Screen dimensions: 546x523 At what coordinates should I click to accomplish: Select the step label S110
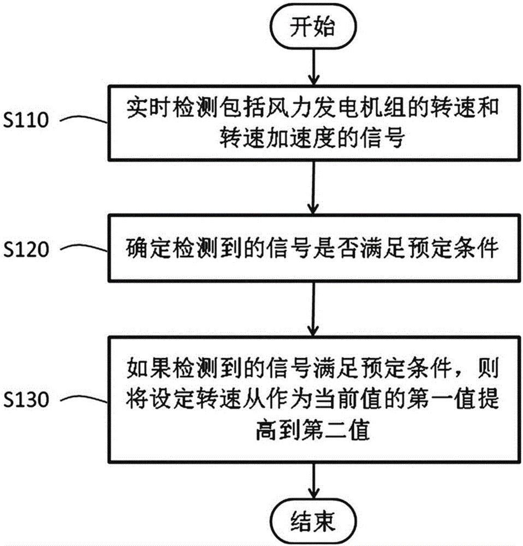(x=26, y=121)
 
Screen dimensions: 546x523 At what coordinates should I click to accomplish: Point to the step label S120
(x=26, y=250)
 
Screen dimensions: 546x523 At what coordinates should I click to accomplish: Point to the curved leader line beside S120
(x=85, y=248)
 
